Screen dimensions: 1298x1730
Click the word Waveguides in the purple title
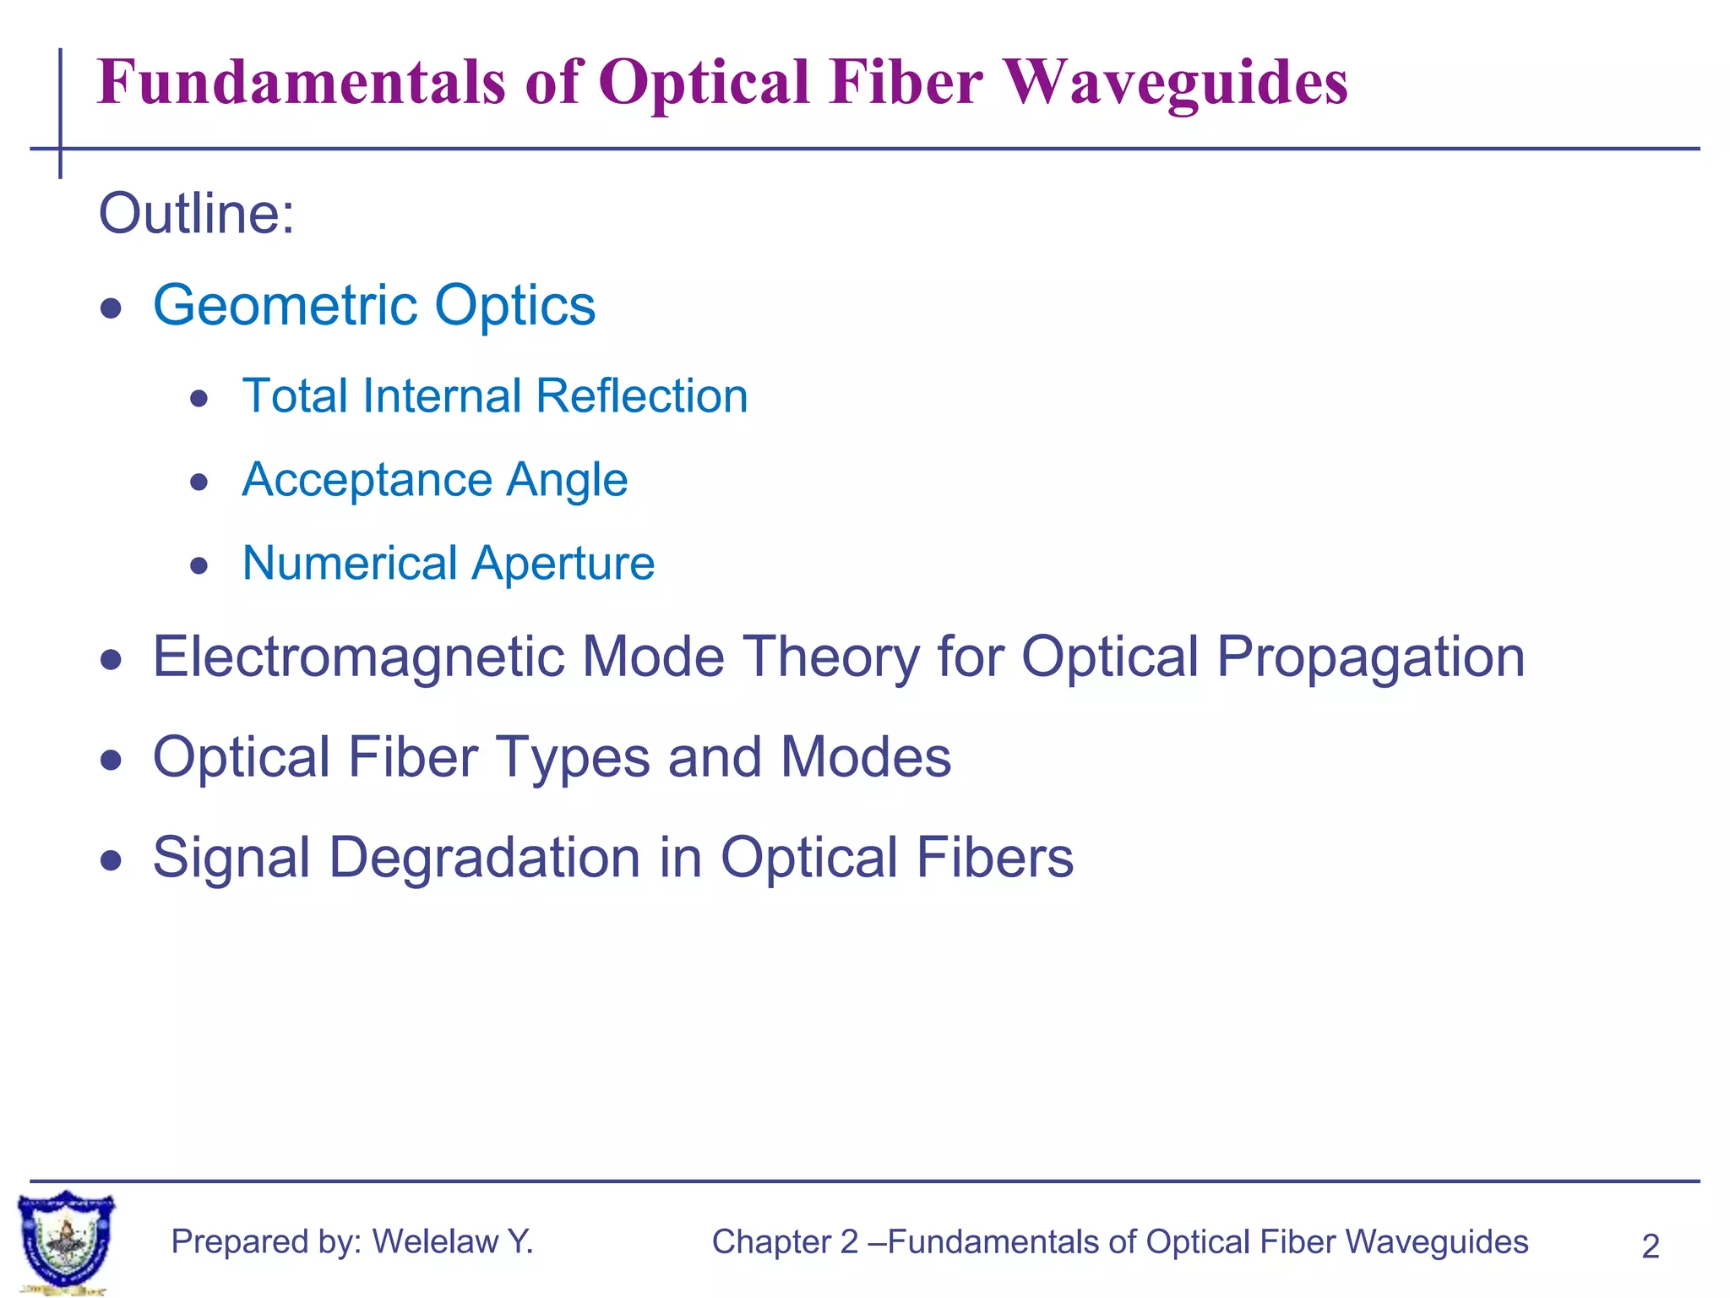[1177, 82]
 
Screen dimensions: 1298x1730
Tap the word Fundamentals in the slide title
[302, 82]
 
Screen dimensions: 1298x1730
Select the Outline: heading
[197, 213]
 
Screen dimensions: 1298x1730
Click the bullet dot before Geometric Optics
[111, 308]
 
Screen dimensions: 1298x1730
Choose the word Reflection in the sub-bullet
[642, 395]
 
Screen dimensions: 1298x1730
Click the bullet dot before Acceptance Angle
[199, 483]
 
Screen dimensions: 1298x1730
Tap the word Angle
[567, 480]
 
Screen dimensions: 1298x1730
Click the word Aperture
[563, 564]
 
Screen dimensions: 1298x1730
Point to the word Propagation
[1370, 658]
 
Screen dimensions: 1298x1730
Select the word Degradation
[485, 858]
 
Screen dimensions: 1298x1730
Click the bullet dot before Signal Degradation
[111, 861]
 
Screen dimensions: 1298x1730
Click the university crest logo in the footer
[66, 1241]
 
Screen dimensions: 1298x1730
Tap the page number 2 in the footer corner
[1650, 1246]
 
